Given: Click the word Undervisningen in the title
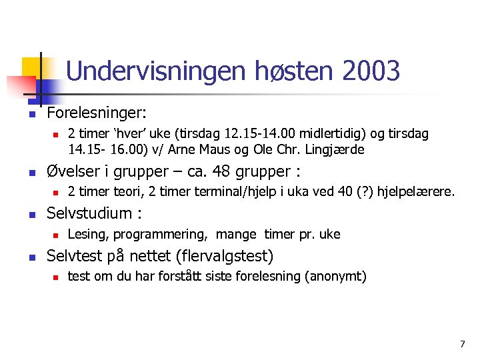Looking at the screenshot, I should tap(156, 71).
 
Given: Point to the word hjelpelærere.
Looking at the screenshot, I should tap(416, 192).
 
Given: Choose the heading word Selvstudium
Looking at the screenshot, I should tap(89, 213).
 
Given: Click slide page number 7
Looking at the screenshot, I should tap(462, 344).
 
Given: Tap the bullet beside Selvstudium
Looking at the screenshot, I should tap(31, 215).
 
